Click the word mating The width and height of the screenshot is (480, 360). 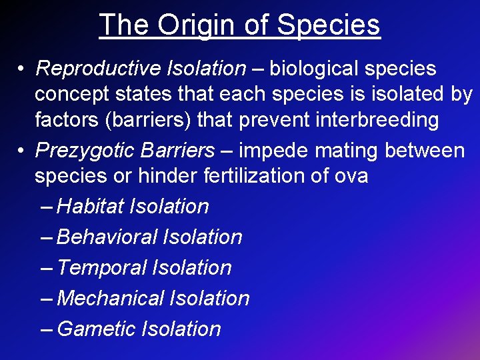point(348,151)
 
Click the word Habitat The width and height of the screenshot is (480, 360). point(91,207)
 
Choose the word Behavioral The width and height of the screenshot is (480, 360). point(107,237)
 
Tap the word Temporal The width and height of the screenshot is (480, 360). point(102,268)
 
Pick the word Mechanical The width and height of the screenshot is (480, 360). point(111,299)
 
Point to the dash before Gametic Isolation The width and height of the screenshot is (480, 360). point(47,329)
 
